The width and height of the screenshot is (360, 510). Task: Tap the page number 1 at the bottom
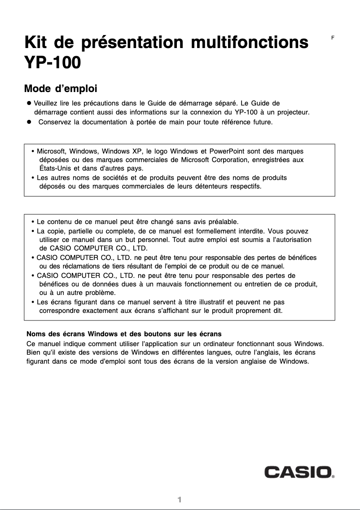point(179,500)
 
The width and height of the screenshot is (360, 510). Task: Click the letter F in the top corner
point(333,38)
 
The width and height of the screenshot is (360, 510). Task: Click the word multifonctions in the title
point(250,43)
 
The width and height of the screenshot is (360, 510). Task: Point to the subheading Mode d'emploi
point(61,88)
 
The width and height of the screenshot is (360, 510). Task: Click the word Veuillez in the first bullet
point(47,103)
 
